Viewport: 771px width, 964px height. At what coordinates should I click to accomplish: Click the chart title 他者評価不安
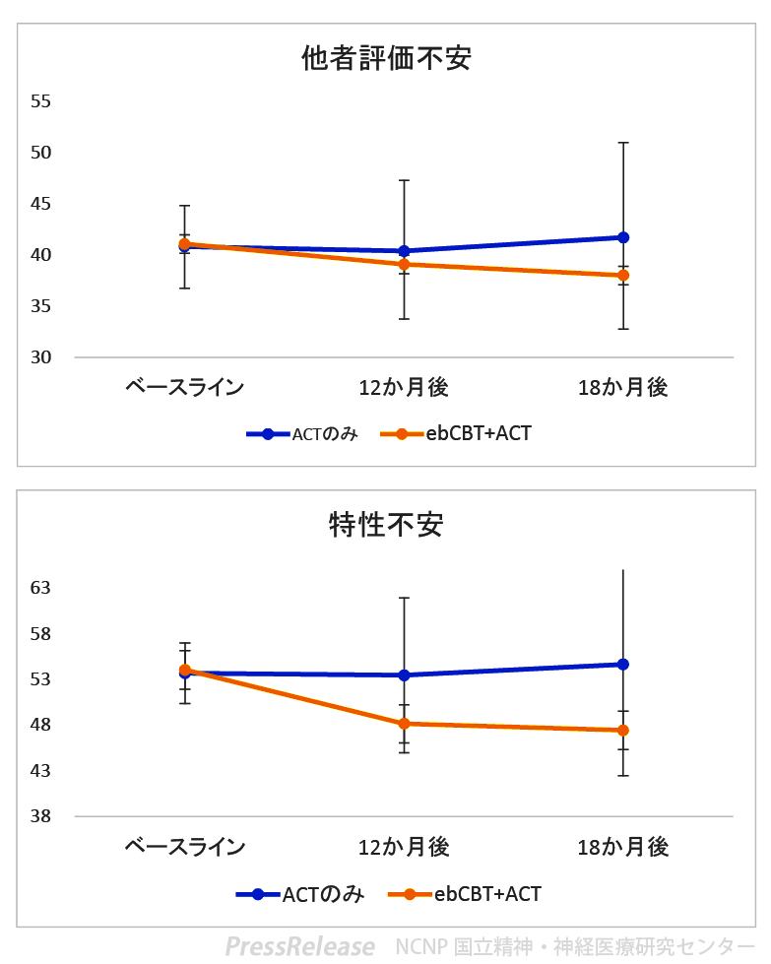click(386, 59)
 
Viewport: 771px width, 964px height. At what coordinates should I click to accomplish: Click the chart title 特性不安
click(386, 524)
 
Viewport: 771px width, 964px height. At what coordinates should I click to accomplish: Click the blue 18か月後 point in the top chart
click(623, 237)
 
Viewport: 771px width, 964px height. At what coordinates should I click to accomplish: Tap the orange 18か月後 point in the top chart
click(623, 276)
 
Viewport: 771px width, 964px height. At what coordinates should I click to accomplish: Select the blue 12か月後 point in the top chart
click(404, 251)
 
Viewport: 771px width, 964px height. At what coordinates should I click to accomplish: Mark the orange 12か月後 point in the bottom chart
click(404, 724)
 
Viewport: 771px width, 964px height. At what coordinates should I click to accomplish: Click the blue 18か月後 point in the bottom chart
click(623, 665)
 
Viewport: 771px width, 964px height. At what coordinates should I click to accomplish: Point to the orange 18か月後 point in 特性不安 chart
click(623, 731)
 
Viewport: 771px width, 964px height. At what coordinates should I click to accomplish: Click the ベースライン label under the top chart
click(185, 387)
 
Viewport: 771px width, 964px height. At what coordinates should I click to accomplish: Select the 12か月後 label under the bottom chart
click(404, 847)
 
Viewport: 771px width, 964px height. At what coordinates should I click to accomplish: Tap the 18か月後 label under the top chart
click(623, 387)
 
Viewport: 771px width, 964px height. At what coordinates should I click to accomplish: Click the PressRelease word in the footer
click(299, 946)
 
